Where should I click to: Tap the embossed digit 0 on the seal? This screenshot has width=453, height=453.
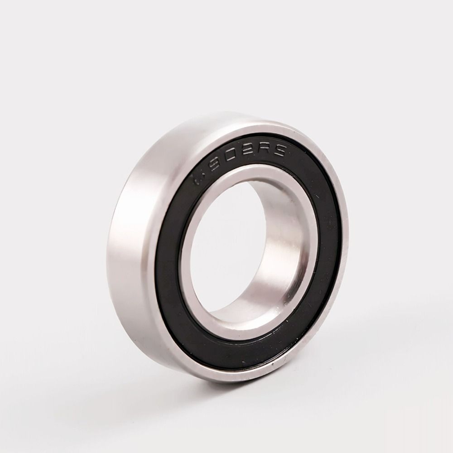click(228, 158)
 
